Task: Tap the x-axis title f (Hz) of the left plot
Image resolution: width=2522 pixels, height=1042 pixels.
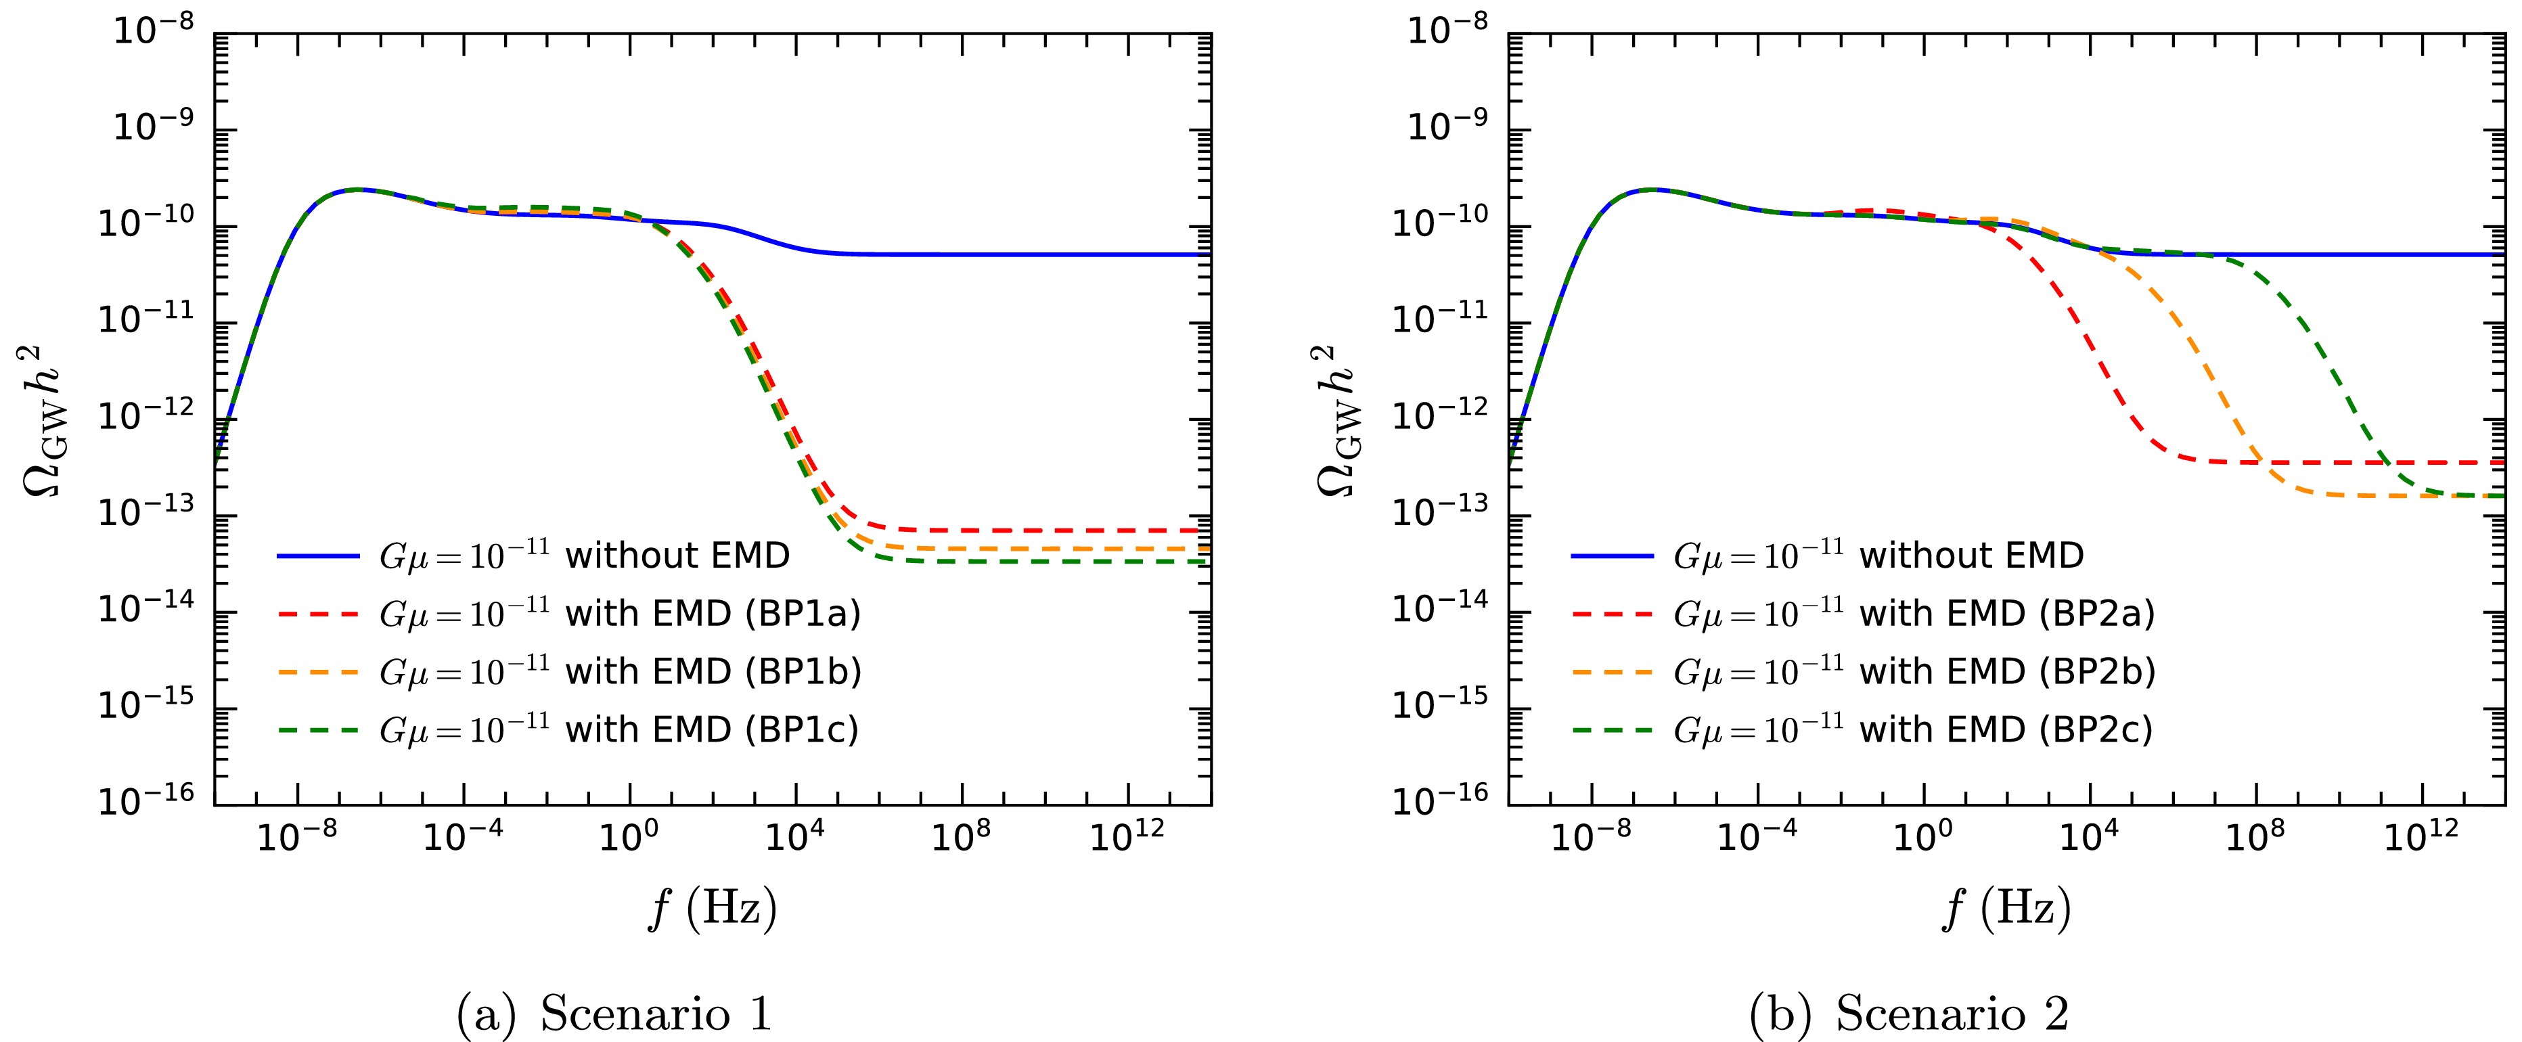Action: pyautogui.click(x=713, y=909)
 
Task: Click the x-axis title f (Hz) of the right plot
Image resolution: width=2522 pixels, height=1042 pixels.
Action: pyautogui.click(x=2007, y=909)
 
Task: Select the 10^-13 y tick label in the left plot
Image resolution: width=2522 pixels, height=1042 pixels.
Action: pyautogui.click(x=147, y=512)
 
